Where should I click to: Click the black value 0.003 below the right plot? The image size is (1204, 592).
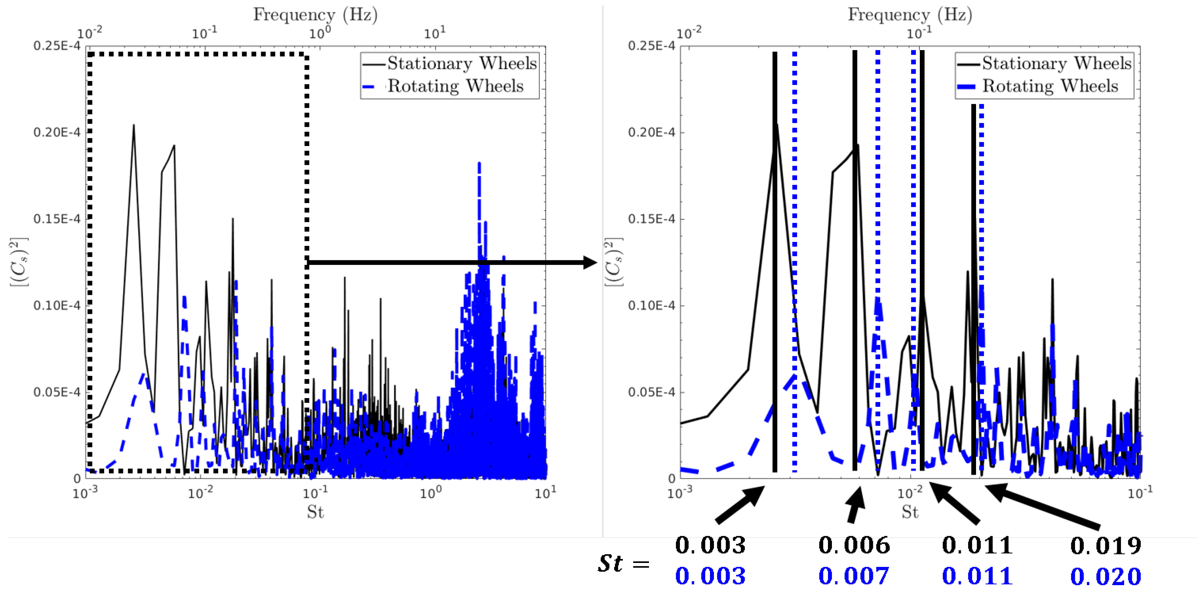coord(710,545)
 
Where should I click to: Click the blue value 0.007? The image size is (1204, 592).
coord(853,576)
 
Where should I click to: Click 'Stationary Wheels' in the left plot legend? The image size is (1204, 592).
coord(461,63)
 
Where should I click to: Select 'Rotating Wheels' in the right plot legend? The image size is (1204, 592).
coord(1050,86)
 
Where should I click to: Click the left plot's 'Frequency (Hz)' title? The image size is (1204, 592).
coord(315,15)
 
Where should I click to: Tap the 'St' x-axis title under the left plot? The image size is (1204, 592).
coord(315,512)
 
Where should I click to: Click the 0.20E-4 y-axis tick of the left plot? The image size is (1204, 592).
coord(57,132)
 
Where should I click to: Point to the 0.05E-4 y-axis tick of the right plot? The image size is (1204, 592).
coord(651,392)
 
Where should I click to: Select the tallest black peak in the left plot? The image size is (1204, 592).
coord(134,126)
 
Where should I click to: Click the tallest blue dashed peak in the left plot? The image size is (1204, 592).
coord(479,165)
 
